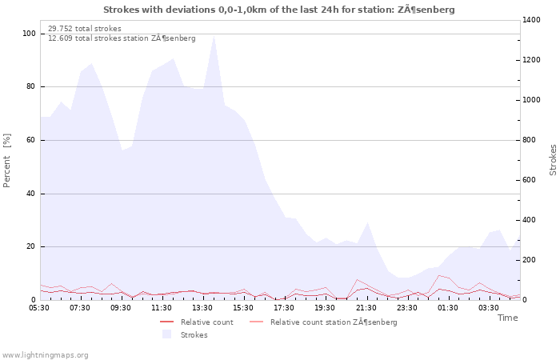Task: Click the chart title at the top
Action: coord(279,10)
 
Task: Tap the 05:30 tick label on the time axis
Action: coord(39,308)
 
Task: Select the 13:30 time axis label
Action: coord(202,308)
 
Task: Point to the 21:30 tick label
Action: coord(366,308)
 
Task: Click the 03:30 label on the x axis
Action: coord(489,308)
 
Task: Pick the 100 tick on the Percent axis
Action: coord(29,34)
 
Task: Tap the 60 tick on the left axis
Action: coord(30,140)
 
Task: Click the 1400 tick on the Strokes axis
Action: coord(531,20)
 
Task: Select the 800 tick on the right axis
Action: coord(530,140)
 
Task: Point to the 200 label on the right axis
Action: coord(530,260)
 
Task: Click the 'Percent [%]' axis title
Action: coord(6,160)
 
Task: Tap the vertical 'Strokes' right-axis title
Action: coord(553,160)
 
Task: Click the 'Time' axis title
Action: coord(507,318)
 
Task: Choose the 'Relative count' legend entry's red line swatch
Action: coord(166,322)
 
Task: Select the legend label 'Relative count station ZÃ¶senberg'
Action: coord(334,322)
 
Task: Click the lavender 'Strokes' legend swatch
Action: coord(166,334)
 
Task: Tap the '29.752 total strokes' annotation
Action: coord(85,29)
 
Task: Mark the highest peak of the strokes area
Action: coord(214,35)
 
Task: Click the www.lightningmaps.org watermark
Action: coord(45,355)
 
